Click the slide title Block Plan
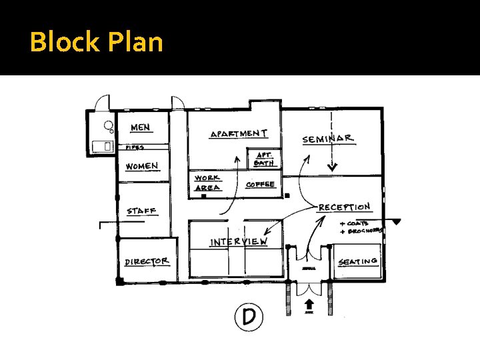(x=97, y=42)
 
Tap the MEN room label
(x=140, y=127)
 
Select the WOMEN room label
(x=142, y=166)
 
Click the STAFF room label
(x=141, y=211)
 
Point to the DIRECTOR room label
(x=147, y=261)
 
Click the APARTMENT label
(x=239, y=134)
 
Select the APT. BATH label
(x=264, y=159)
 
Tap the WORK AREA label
(x=207, y=183)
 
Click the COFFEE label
(x=260, y=184)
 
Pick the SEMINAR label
(x=328, y=139)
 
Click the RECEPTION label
(x=344, y=207)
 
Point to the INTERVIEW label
(x=239, y=241)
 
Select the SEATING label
(x=358, y=261)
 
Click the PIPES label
(x=135, y=147)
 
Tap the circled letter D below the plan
(x=249, y=316)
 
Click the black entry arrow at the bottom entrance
(x=309, y=303)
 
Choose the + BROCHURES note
(x=361, y=231)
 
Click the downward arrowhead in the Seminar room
(x=332, y=166)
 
